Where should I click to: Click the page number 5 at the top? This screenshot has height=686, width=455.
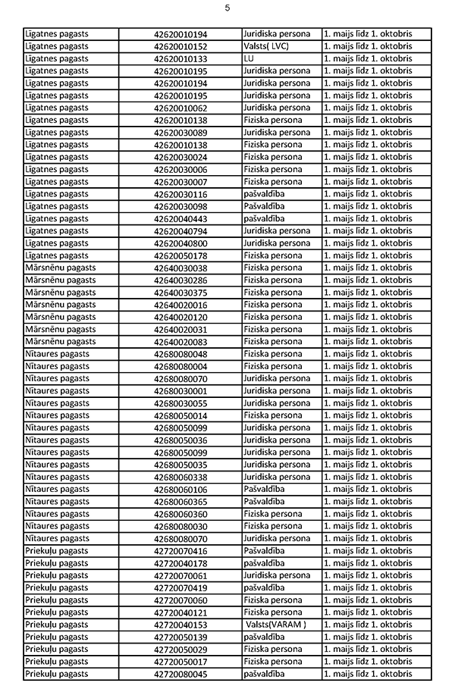227,8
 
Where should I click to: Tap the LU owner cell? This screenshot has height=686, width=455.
249,58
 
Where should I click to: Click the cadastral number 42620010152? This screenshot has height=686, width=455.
180,46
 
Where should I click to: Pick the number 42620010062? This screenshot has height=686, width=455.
180,108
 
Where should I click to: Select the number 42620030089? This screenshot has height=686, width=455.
180,133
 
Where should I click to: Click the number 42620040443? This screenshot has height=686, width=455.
180,218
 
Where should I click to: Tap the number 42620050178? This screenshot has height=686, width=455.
180,255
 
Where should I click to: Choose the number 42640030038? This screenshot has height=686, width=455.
180,268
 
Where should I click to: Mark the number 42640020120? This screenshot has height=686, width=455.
180,317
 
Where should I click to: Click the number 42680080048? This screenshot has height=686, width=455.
180,354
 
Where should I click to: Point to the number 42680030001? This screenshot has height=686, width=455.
180,390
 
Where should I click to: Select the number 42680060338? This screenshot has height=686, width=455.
180,477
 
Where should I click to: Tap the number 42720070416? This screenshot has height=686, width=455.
180,550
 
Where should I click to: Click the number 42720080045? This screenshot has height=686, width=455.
180,674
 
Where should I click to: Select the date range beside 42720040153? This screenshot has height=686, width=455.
368,625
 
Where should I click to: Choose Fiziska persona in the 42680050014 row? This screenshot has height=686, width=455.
272,415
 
